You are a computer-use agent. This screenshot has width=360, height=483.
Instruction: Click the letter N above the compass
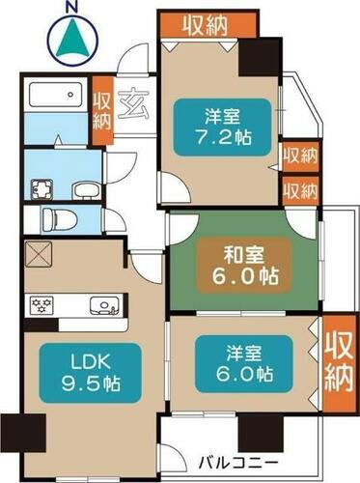click(71, 9)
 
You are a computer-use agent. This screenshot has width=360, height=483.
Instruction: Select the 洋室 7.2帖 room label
click(214, 127)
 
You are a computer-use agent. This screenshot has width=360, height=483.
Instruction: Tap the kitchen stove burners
click(42, 307)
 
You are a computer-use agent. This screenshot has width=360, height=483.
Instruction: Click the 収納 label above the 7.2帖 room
click(208, 23)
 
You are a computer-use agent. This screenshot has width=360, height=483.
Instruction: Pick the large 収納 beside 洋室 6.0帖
click(337, 355)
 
